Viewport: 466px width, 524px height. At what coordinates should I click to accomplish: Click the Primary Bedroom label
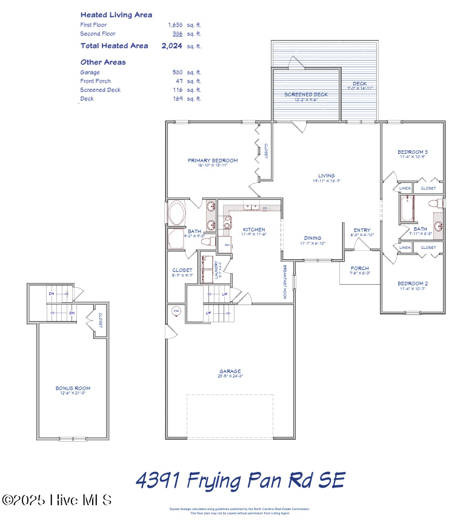tap(212, 161)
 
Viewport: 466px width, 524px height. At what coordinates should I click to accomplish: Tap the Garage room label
tap(230, 371)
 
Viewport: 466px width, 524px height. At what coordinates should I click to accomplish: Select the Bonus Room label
tap(73, 388)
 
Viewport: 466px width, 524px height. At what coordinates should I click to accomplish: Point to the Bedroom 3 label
tap(413, 151)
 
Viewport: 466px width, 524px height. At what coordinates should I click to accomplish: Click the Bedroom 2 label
tap(413, 284)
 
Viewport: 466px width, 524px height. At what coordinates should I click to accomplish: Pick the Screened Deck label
tap(306, 95)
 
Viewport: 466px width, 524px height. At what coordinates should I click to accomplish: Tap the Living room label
tap(327, 176)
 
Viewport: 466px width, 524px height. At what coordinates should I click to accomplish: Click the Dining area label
tap(313, 238)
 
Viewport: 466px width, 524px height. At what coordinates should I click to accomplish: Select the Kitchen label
tap(254, 230)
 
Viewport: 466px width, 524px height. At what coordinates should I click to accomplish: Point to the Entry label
tap(362, 230)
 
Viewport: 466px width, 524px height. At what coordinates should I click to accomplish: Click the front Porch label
tap(359, 268)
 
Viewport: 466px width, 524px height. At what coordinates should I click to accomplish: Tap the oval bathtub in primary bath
tap(178, 214)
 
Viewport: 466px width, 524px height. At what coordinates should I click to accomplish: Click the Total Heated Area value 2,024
tap(171, 45)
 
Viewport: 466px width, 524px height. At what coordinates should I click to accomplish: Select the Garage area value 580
tap(178, 72)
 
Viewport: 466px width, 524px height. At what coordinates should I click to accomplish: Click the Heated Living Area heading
tap(116, 15)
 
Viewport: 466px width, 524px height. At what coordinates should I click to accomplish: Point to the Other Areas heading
tap(103, 62)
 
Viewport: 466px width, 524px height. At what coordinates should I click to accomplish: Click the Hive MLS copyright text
tap(57, 500)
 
